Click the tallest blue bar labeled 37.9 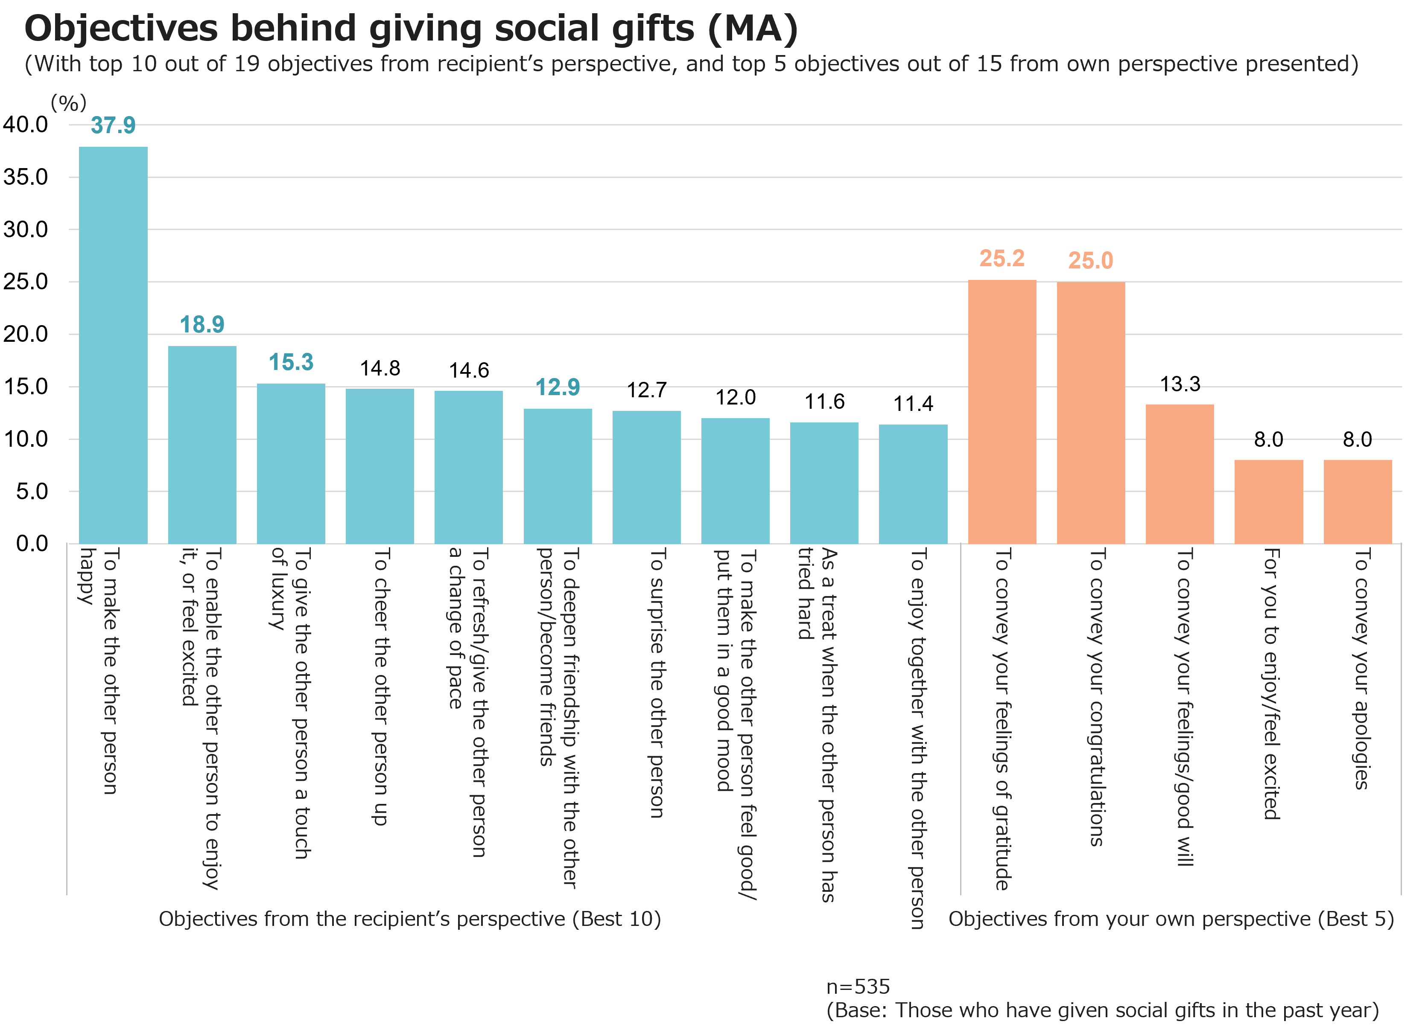pos(113,345)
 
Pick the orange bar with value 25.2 pos(1002,411)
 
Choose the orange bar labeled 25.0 pos(1091,413)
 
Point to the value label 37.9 pos(113,125)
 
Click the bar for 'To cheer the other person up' pos(380,466)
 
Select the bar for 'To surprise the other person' pos(646,477)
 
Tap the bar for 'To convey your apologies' pos(1358,502)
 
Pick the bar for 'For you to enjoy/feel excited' pos(1269,502)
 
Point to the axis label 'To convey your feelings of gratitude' pos(1002,719)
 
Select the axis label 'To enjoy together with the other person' pos(917,738)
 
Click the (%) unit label pos(68,102)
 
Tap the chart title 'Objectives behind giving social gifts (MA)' pos(411,29)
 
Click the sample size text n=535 pos(858,987)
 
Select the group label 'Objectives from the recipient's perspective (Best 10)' pos(410,919)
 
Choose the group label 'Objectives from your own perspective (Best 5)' pos(1171,919)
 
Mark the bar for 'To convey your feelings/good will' pos(1180,474)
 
